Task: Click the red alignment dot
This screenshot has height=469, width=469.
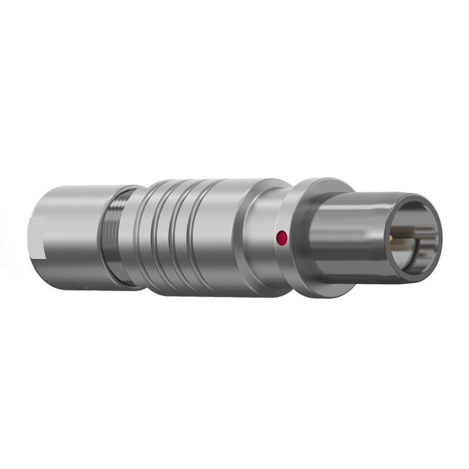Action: [x=282, y=238]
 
